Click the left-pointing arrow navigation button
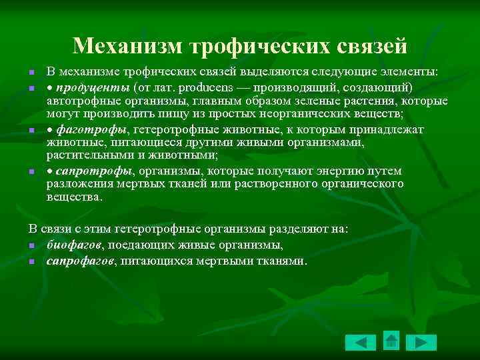[361, 343]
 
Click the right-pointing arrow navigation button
[421, 343]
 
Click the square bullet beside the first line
[31, 73]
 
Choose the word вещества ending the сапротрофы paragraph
[74, 197]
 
